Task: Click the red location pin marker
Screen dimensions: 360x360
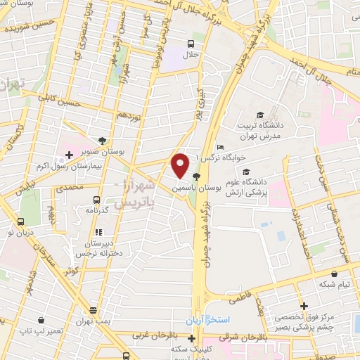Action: pos(180,166)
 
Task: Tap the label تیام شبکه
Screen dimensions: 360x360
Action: pos(334,284)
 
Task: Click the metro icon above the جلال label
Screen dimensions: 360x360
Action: pos(191,43)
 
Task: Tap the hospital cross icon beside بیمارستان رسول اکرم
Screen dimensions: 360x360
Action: pos(68,154)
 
